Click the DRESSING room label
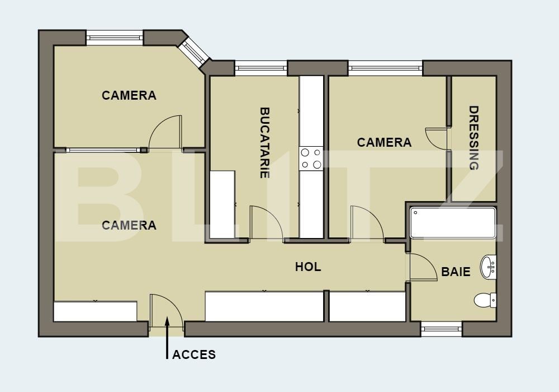pyautogui.click(x=474, y=138)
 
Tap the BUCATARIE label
pyautogui.click(x=264, y=143)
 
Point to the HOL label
pyautogui.click(x=308, y=267)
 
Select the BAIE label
pyautogui.click(x=456, y=272)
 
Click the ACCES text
pyautogui.click(x=194, y=354)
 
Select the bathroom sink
pyautogui.click(x=488, y=267)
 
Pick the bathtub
pyautogui.click(x=453, y=223)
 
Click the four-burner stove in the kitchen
pyautogui.click(x=311, y=158)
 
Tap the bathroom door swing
pyautogui.click(x=423, y=267)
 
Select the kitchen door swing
pyautogui.click(x=266, y=223)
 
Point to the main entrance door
pyautogui.click(x=166, y=310)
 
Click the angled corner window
pyautogui.click(x=194, y=52)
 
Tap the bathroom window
pyautogui.click(x=442, y=329)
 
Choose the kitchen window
pyautogui.click(x=261, y=68)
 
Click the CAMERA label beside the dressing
pyautogui.click(x=385, y=142)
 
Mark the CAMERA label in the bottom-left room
pyautogui.click(x=129, y=225)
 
